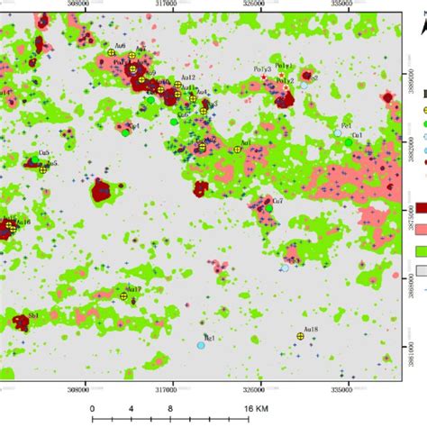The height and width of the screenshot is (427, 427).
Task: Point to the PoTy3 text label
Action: point(260,69)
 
